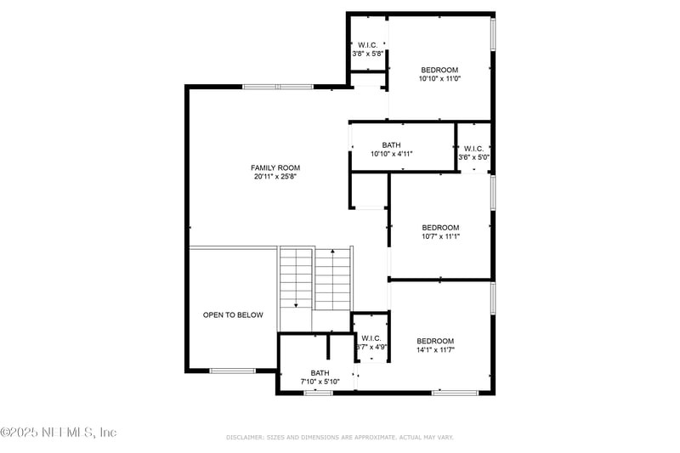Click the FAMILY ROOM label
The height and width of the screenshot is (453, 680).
tap(275, 167)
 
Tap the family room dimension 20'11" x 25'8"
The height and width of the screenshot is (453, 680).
tap(275, 177)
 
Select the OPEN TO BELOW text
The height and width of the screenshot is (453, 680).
tap(233, 315)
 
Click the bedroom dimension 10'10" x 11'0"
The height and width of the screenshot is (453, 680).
tap(439, 79)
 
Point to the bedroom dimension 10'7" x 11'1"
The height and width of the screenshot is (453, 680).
tap(440, 236)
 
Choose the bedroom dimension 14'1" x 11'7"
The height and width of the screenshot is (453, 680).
tap(435, 349)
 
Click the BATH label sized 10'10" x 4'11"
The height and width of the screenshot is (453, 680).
tap(391, 145)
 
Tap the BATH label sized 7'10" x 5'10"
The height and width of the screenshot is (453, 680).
tap(320, 373)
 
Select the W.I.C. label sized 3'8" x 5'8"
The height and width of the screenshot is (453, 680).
tap(367, 45)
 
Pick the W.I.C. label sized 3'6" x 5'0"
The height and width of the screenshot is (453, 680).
tap(473, 149)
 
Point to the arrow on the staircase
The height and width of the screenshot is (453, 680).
tap(296, 303)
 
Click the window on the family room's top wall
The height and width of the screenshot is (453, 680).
tap(277, 87)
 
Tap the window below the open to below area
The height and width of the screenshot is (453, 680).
tap(233, 371)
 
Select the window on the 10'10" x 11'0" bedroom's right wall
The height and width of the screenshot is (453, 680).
tap(492, 34)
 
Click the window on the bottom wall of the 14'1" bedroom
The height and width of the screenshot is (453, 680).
tap(455, 393)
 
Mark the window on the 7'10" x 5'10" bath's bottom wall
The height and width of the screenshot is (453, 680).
tap(318, 393)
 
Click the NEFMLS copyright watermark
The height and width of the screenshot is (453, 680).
tap(59, 433)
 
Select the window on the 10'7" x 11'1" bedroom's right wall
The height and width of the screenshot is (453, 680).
tap(492, 192)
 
